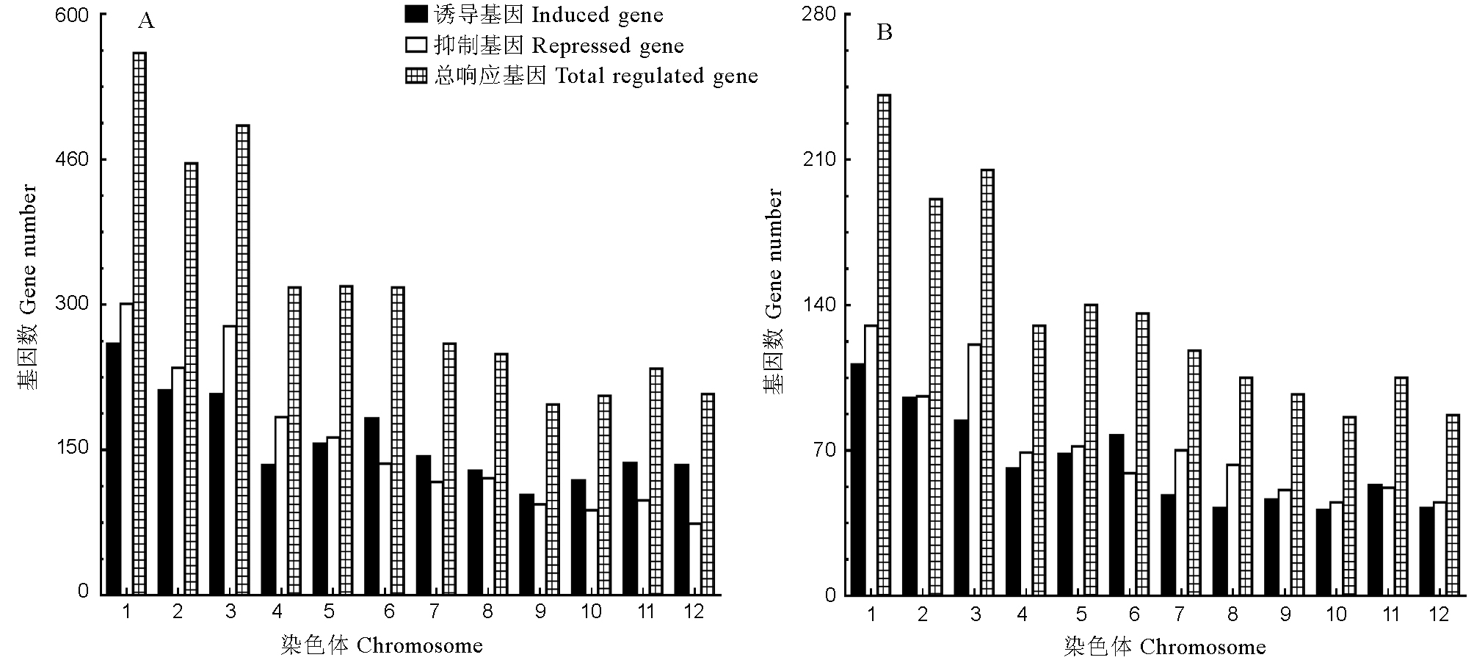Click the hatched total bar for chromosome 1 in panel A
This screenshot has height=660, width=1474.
point(139,323)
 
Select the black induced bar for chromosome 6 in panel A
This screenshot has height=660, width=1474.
point(371,506)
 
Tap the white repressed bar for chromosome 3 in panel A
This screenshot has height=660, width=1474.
point(230,460)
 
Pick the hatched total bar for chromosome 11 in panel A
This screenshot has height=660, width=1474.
point(656,481)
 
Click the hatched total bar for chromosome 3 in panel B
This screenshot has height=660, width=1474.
point(987,382)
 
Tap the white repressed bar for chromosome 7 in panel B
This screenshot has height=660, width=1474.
point(1181,522)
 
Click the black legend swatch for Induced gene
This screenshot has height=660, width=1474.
point(416,15)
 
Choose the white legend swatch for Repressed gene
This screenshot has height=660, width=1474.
point(416,46)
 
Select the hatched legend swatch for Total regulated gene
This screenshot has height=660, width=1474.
point(416,76)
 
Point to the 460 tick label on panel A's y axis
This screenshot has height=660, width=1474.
point(71,159)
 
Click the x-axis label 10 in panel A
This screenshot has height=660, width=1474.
point(591,612)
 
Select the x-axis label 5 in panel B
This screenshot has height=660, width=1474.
point(1081,614)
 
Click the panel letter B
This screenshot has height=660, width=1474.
point(885,33)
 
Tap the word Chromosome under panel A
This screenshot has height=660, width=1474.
point(420,646)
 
